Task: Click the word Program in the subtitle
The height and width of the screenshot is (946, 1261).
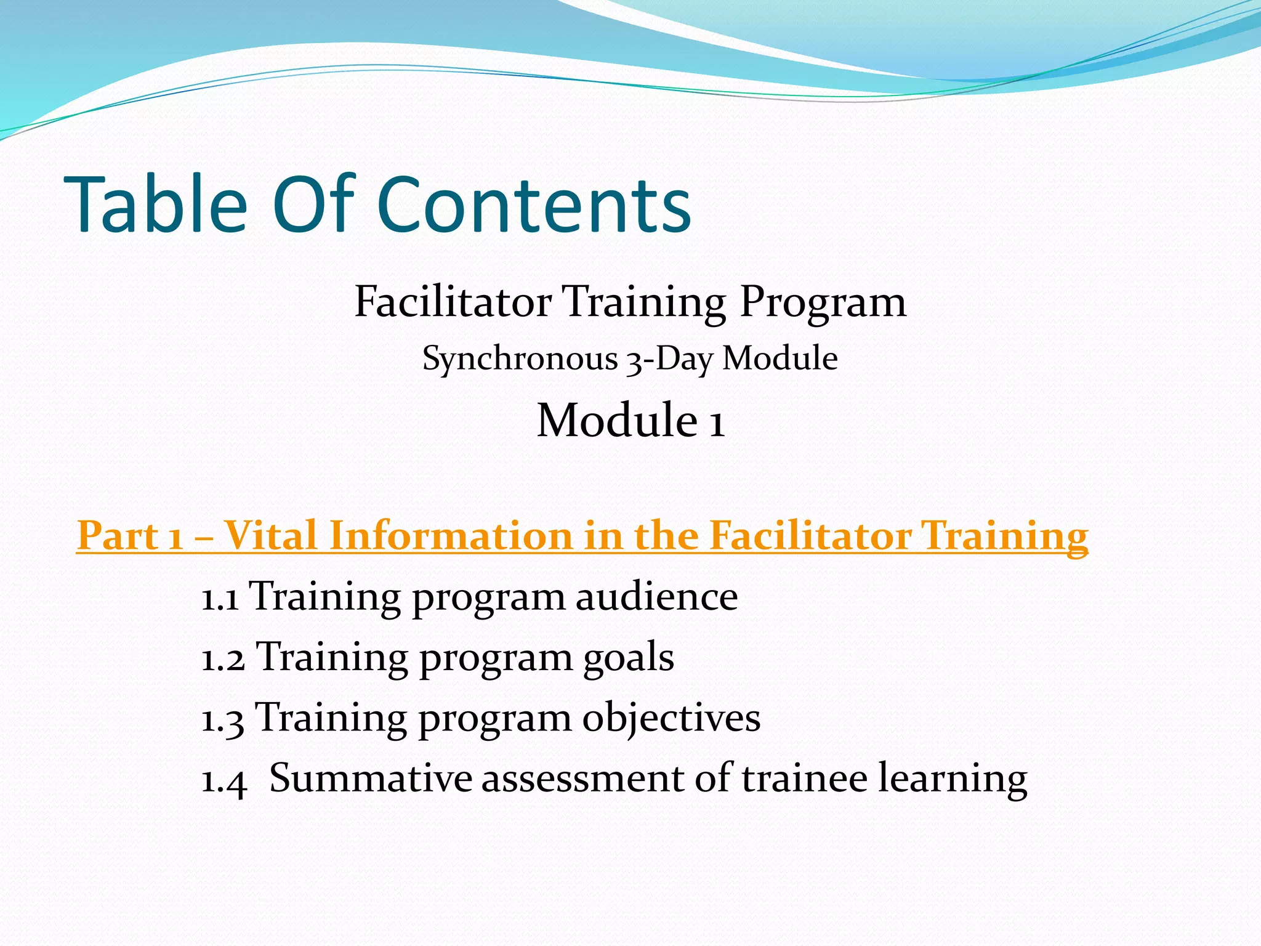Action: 823,303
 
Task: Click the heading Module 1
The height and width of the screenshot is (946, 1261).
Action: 630,420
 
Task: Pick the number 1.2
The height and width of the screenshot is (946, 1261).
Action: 223,658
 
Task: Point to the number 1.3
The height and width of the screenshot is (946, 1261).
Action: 223,719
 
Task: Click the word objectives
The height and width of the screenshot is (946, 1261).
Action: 671,718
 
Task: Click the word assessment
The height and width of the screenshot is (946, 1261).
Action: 582,778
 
